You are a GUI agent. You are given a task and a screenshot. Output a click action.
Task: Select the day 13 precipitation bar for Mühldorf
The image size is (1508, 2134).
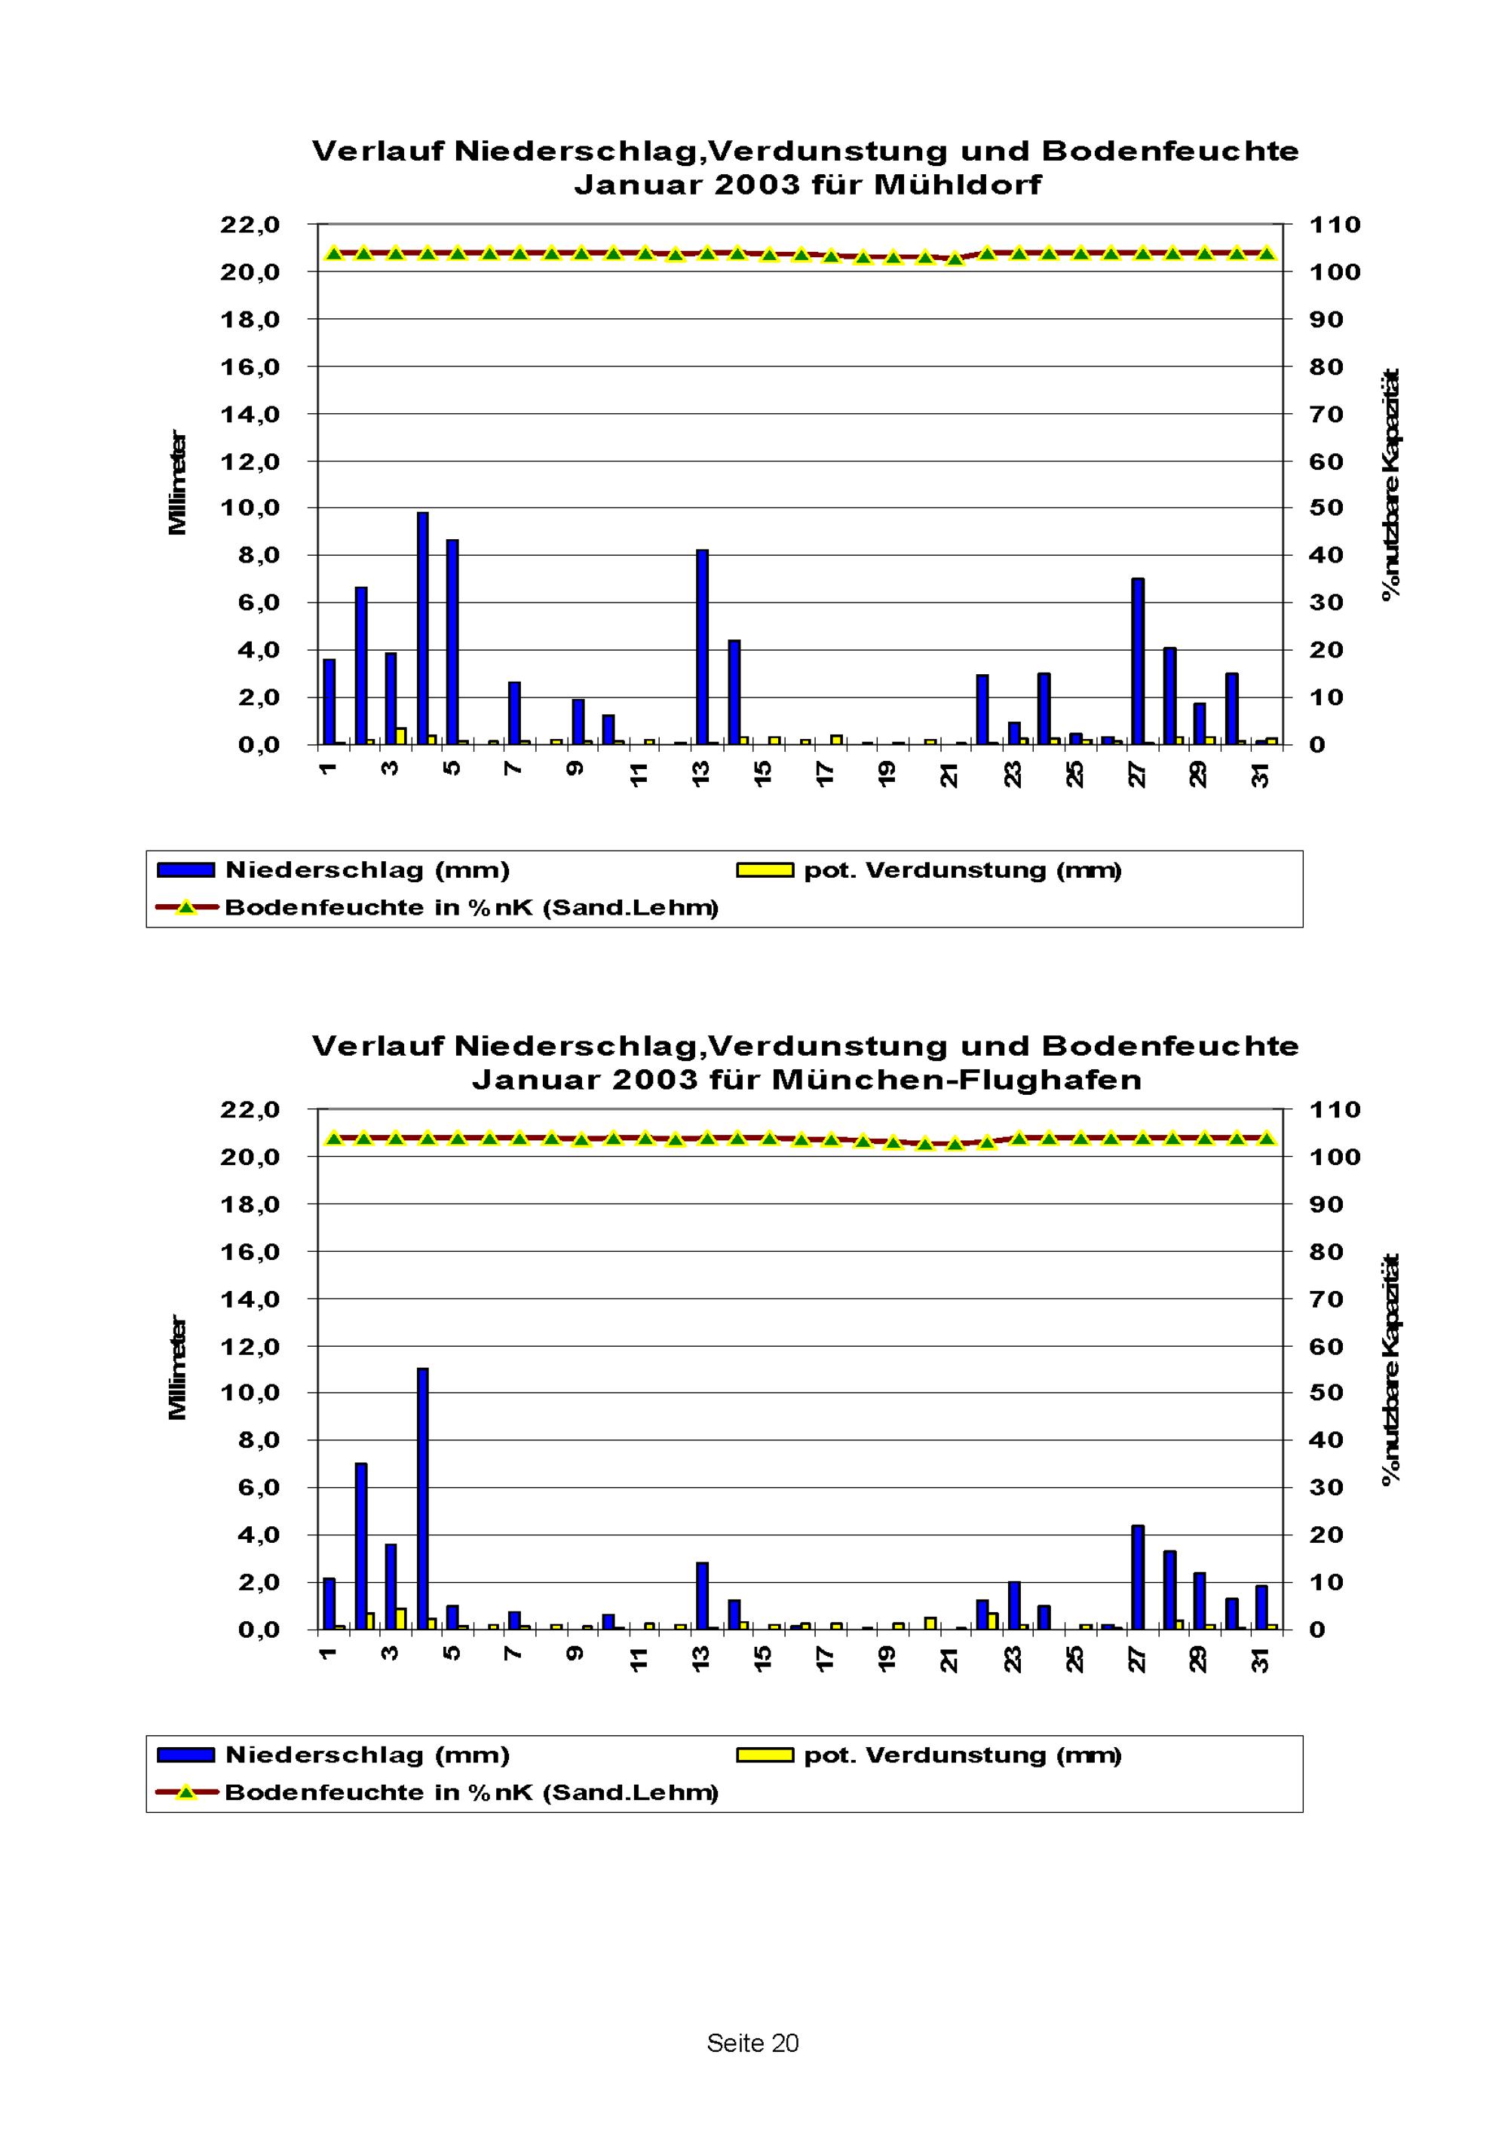[x=703, y=647]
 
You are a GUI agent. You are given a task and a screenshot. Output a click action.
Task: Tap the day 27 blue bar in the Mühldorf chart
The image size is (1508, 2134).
[x=1137, y=661]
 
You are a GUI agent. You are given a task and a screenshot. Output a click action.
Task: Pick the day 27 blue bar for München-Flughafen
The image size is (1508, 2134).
[x=1137, y=1578]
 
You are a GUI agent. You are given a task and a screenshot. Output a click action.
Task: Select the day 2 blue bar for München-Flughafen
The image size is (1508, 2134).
[x=360, y=1547]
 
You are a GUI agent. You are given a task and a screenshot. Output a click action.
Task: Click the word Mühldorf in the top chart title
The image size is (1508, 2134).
[x=957, y=184]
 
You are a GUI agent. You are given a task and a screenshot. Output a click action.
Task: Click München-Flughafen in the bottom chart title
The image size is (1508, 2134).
[x=956, y=1079]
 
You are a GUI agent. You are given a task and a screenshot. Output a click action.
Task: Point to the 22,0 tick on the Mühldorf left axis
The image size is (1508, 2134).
[x=250, y=225]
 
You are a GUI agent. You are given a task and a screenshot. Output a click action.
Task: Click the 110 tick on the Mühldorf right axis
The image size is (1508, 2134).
[x=1335, y=225]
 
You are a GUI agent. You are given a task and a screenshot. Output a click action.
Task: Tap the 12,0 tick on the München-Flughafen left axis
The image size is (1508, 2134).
[x=250, y=1346]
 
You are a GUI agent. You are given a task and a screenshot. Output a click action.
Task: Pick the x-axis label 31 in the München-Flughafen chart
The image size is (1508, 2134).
[x=1261, y=1658]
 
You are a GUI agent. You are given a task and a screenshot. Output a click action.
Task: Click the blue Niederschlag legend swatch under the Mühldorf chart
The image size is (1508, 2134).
[x=185, y=870]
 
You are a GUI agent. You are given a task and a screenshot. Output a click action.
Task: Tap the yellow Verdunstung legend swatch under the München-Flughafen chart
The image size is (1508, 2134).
[x=765, y=1755]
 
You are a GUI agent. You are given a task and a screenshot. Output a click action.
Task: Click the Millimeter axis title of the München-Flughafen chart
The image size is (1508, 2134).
[x=177, y=1367]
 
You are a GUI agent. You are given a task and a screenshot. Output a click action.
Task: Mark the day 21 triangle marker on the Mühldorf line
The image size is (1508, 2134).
[x=955, y=259]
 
